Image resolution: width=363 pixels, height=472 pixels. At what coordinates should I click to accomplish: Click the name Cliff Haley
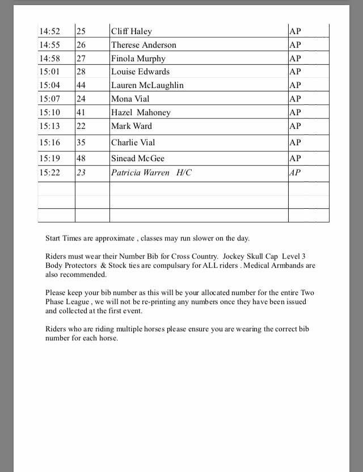pos(131,31)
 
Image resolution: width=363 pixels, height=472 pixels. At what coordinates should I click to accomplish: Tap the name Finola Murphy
pos(139,58)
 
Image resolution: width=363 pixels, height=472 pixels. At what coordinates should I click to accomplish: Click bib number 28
pos(82,72)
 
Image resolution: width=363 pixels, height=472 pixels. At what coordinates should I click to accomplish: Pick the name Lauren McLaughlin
pos(147,86)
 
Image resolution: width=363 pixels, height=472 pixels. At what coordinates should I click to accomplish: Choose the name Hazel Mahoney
pos(141,112)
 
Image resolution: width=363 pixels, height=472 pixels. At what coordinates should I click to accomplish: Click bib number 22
pos(82,126)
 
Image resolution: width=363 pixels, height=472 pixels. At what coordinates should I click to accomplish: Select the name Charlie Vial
pos(133,142)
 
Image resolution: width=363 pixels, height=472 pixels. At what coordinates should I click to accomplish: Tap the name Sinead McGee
pos(138,158)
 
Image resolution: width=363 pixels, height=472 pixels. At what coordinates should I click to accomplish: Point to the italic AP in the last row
pos(295,172)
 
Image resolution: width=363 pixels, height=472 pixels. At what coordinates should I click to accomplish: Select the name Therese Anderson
pos(143,45)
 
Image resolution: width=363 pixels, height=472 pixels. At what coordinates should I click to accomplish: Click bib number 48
pos(82,158)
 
